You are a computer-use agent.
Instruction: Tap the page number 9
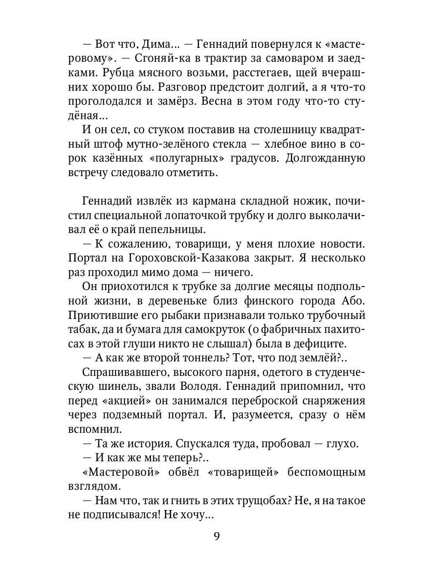(x=217, y=537)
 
